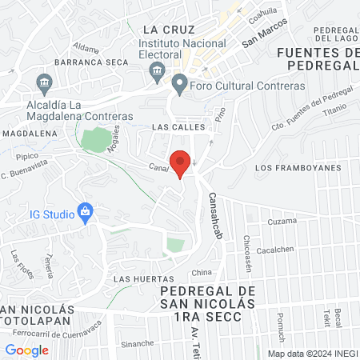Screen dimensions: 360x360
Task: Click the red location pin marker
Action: tap(181, 162)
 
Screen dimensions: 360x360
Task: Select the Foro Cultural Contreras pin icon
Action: tap(180, 83)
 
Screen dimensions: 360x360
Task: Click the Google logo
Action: tap(26, 350)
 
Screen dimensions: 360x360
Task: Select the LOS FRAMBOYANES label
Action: tap(297, 168)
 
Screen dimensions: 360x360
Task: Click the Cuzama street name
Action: tap(281, 221)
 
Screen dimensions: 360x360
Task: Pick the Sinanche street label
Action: tap(138, 343)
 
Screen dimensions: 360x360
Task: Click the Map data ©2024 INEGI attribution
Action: tap(312, 353)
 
